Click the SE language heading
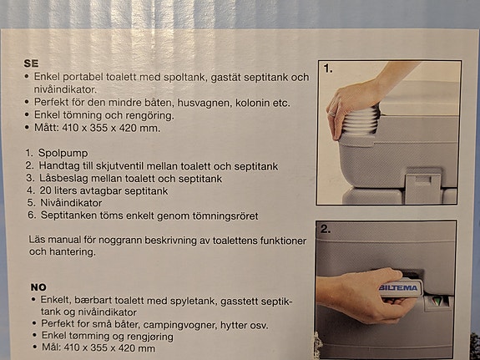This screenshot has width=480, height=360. pos(31,63)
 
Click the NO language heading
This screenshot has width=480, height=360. pos(38,287)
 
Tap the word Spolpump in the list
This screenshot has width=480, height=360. pos(63,153)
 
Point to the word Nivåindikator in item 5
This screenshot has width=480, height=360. pos(71,203)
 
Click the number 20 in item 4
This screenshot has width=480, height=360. pos(45,190)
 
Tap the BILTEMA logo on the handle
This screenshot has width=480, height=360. pos(398,287)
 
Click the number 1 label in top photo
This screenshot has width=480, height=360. pos(328,69)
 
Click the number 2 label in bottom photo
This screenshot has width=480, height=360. pos(326,229)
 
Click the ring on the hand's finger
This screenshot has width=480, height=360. pos(332,114)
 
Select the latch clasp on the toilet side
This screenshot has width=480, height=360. pos(422,185)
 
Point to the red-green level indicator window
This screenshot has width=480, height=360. pos(438,302)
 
